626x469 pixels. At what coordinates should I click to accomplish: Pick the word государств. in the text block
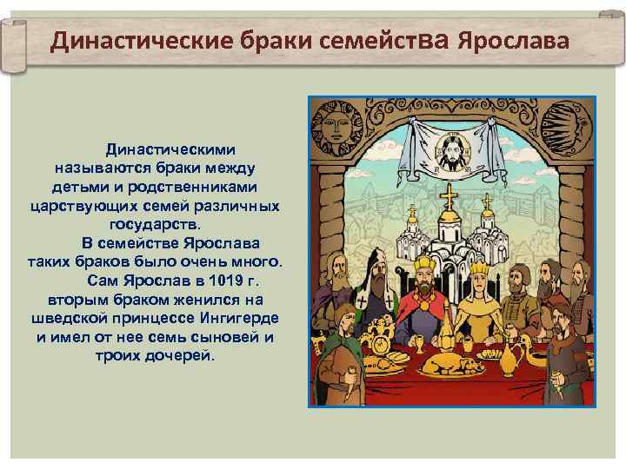tap(156, 222)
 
